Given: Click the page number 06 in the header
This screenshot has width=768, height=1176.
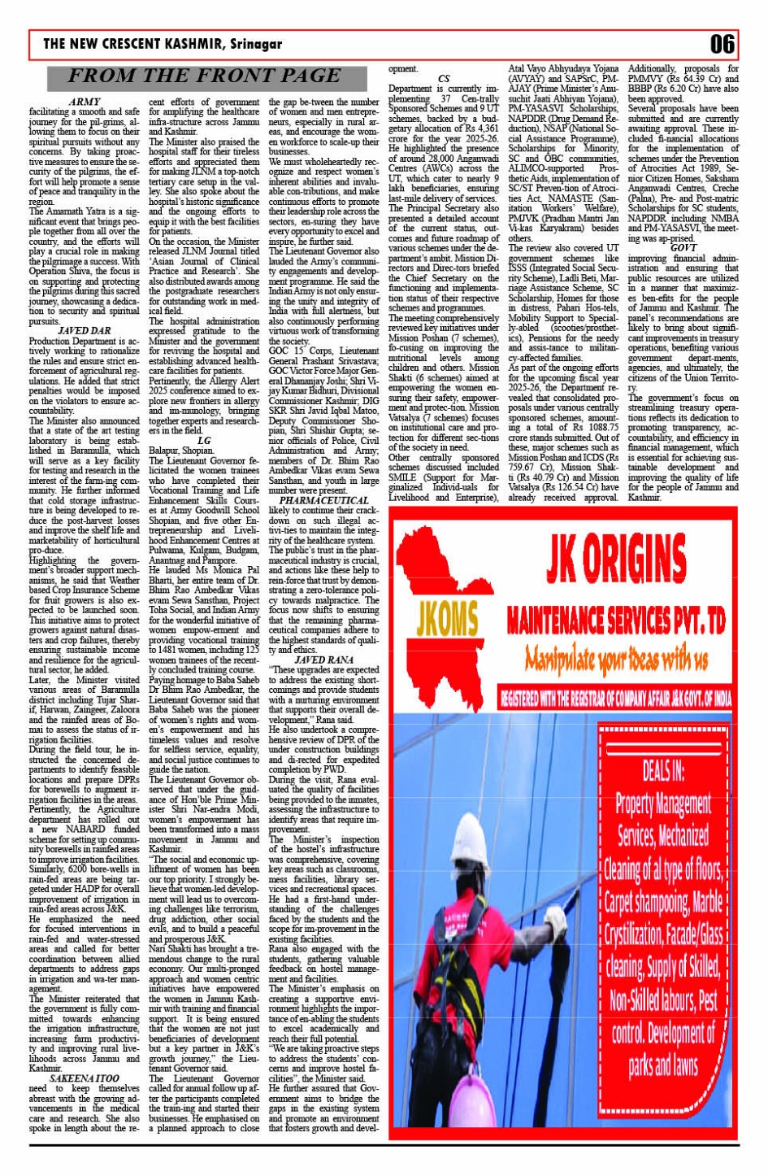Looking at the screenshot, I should click(x=722, y=43).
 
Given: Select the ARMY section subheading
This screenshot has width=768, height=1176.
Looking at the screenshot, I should click(x=85, y=102).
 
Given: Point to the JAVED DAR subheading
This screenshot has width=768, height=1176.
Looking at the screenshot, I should click(x=85, y=331).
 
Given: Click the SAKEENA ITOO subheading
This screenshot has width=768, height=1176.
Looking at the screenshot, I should click(x=85, y=1078).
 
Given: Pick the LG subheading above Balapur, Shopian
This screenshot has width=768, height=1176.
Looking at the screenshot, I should click(x=204, y=440).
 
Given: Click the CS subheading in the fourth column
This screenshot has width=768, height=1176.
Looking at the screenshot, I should click(x=444, y=79).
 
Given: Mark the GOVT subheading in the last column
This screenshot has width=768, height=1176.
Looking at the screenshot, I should click(x=683, y=247).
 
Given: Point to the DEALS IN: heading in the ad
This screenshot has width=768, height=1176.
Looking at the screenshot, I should click(x=662, y=769).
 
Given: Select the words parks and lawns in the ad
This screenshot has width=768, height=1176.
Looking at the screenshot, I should click(x=662, y=1065).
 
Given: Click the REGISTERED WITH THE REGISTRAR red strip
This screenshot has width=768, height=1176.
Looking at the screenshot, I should click(x=615, y=698).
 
